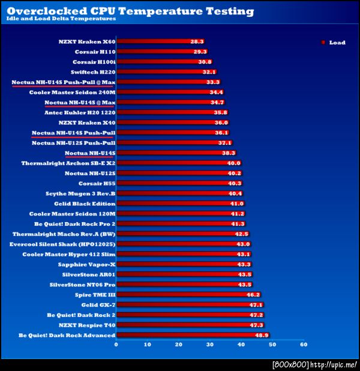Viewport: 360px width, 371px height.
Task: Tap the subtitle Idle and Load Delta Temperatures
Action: click(x=61, y=20)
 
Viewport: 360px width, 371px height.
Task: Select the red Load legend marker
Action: click(x=323, y=43)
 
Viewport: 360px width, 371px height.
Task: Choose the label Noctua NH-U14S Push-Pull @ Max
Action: click(x=63, y=82)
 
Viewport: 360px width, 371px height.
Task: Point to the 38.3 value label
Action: click(x=228, y=153)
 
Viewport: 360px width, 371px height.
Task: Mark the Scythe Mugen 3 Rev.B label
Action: click(x=80, y=193)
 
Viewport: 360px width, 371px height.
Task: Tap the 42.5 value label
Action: click(x=241, y=234)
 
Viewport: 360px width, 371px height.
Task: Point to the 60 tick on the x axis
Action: click(x=304, y=345)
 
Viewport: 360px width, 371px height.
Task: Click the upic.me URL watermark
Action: click(x=334, y=364)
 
